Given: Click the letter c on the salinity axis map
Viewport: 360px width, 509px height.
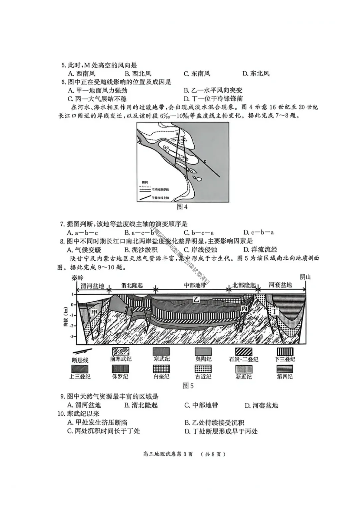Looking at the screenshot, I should pos(205,161).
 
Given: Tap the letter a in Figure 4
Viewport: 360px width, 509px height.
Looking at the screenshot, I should pos(177,133).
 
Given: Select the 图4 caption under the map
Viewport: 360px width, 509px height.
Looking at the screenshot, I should pos(182,207).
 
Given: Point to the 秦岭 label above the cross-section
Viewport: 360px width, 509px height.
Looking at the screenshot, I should pos(77,278).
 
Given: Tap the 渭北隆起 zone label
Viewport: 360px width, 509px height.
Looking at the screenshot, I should pos(132,286).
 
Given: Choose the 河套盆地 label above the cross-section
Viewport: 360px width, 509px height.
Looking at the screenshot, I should pos(280,285).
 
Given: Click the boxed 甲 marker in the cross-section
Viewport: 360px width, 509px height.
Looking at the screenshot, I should pos(95,312).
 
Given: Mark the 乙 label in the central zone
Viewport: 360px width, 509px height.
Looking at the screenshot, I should pos(196,300).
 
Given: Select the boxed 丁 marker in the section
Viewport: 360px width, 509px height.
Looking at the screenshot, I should pos(274,311).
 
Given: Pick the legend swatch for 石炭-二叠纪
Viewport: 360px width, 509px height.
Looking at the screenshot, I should pos(244,352).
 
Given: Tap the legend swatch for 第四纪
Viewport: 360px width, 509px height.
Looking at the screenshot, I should pos(285,369).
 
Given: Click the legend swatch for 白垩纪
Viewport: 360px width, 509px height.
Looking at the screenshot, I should pos(161,369).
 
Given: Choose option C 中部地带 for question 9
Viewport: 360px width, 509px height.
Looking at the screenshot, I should pos(201,405).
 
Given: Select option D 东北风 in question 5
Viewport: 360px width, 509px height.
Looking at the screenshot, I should pos(256,74).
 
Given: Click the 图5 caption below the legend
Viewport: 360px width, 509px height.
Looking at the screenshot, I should pos(188,386).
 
